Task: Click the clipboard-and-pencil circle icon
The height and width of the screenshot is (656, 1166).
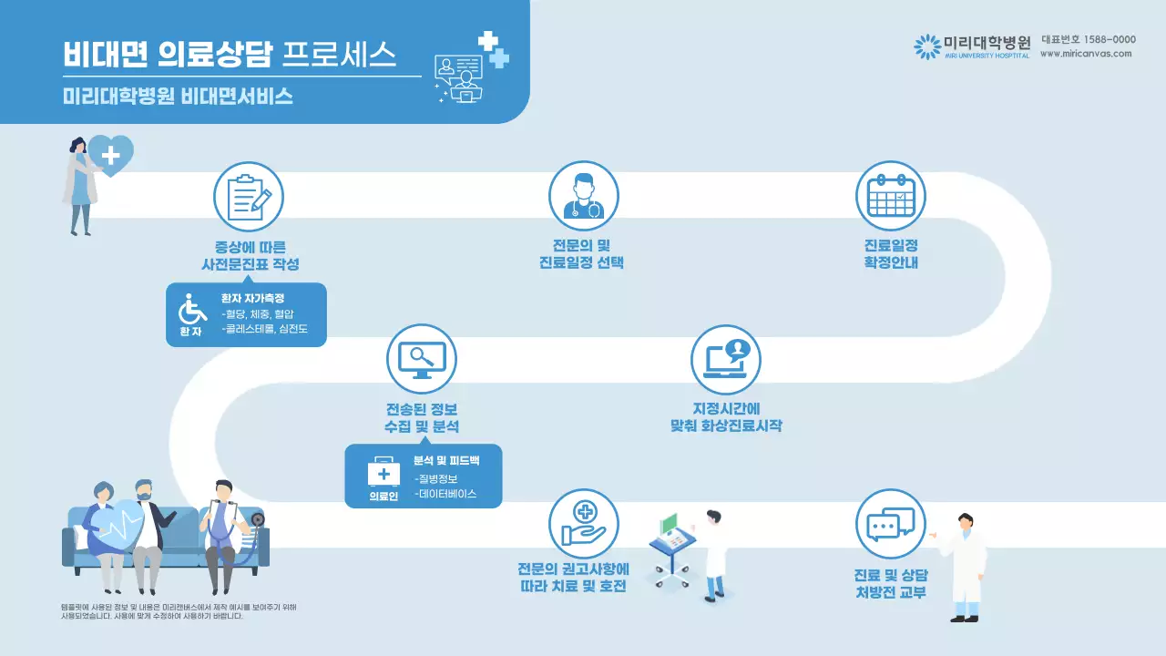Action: click(x=249, y=197)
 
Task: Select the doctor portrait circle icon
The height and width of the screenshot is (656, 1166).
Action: click(x=583, y=197)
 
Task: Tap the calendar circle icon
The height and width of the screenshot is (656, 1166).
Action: click(x=890, y=197)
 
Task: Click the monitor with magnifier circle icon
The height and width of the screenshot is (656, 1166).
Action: click(x=421, y=358)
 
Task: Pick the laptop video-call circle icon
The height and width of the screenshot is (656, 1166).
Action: click(x=725, y=358)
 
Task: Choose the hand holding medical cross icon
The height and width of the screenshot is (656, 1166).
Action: click(x=583, y=523)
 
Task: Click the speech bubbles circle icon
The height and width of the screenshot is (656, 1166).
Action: click(x=890, y=523)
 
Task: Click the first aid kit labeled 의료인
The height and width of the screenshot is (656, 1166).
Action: click(x=384, y=473)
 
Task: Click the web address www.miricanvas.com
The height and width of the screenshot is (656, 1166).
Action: click(x=1086, y=54)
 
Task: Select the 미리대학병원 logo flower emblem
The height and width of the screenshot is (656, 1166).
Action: click(x=926, y=46)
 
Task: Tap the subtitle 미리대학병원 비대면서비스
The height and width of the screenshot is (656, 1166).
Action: click(x=179, y=96)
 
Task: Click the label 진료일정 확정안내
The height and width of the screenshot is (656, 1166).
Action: click(x=890, y=254)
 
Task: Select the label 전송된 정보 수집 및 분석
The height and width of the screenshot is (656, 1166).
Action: click(x=421, y=417)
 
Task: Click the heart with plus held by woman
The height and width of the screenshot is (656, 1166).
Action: click(x=110, y=155)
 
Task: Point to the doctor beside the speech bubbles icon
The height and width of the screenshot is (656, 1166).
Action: click(x=965, y=567)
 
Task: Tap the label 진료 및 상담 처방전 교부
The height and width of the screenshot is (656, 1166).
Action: click(x=890, y=584)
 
